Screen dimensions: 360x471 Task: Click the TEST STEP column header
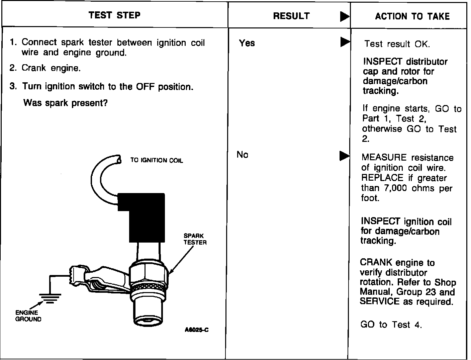pos(114,15)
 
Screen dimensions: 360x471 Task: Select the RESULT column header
pos(291,16)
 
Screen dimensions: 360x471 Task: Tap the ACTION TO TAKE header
pos(412,16)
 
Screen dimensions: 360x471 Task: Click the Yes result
pos(247,43)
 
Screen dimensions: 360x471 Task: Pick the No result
pos(242,155)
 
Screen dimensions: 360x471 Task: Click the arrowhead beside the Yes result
pos(345,42)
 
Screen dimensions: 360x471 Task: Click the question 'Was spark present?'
pos(65,103)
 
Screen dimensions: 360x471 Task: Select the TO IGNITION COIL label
pos(157,161)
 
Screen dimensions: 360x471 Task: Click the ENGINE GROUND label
pos(28,316)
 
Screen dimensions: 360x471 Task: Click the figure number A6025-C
pos(197,330)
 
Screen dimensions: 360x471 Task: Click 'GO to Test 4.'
pos(391,325)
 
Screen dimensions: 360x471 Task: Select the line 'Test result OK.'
pos(397,44)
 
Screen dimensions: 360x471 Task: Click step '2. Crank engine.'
pos(45,68)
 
